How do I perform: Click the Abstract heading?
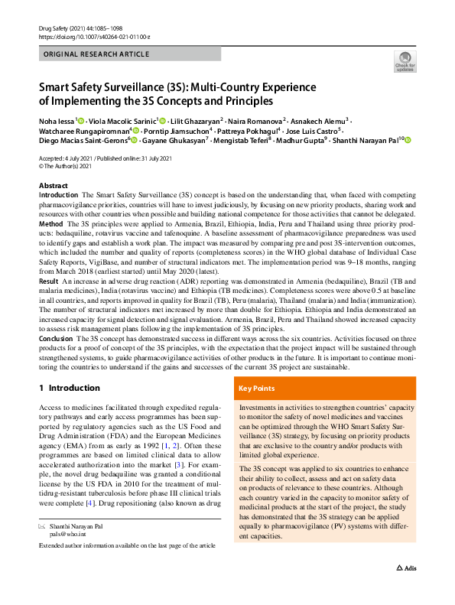(53, 186)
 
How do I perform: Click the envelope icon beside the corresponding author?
(41, 527)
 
